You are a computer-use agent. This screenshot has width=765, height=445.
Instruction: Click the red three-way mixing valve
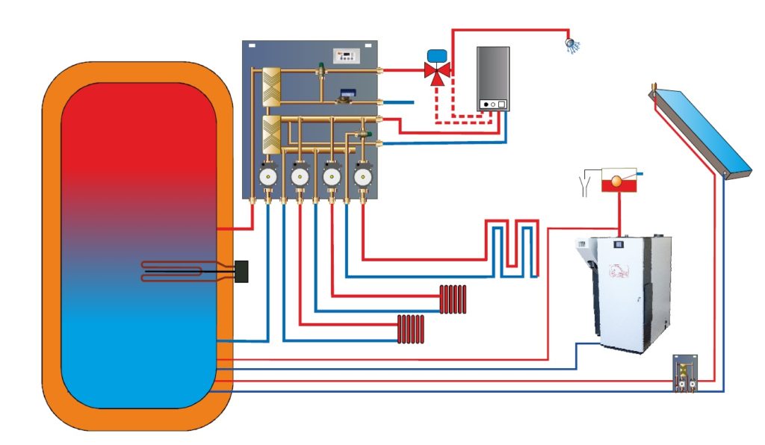(x=433, y=72)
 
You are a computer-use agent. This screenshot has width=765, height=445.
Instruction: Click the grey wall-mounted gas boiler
(x=494, y=78)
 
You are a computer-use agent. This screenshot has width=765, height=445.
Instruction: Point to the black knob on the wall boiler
(x=486, y=105)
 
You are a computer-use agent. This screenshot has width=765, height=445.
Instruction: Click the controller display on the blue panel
(x=346, y=55)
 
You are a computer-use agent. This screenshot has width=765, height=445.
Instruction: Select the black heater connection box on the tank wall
(x=242, y=271)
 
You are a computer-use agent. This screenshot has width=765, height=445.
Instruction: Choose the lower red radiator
(x=412, y=329)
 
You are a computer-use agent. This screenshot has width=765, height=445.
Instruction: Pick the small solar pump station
(x=686, y=373)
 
